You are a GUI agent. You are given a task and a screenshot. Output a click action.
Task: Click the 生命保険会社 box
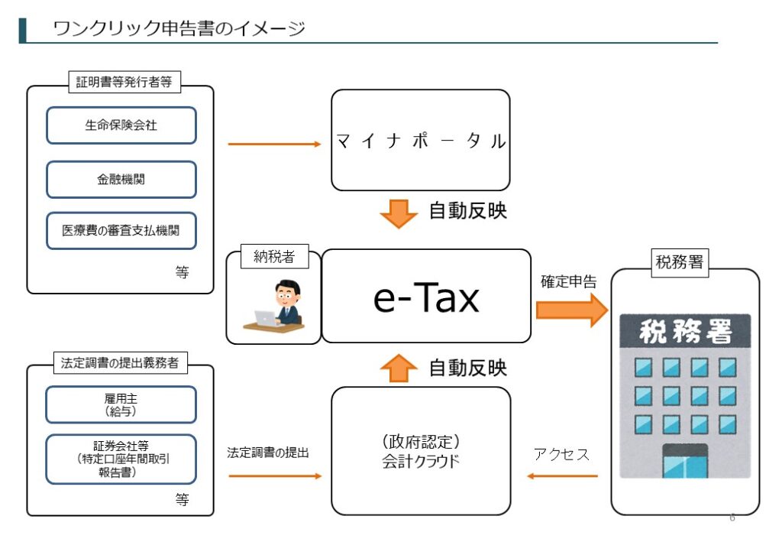coord(121,125)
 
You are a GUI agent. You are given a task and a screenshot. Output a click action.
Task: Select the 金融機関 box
coord(121,180)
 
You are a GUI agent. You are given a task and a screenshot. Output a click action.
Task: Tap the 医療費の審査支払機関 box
coord(121,230)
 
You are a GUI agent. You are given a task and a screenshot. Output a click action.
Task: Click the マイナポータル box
coord(420,140)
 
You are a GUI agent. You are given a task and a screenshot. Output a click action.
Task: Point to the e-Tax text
coord(426,297)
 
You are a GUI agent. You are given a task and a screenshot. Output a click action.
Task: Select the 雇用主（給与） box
coord(121,404)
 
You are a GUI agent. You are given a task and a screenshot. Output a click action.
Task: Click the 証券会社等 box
coord(121,459)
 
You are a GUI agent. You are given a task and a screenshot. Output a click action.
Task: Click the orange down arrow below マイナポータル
coord(398,213)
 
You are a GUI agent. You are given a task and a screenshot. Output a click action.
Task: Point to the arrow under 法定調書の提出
coord(275,476)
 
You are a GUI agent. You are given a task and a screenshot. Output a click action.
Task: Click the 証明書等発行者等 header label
coord(123,82)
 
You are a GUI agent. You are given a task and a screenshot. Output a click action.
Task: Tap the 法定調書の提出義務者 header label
coord(120,363)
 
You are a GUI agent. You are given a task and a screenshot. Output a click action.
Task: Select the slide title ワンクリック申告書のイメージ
coord(179,29)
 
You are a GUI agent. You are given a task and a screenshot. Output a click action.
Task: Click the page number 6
coord(732,518)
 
